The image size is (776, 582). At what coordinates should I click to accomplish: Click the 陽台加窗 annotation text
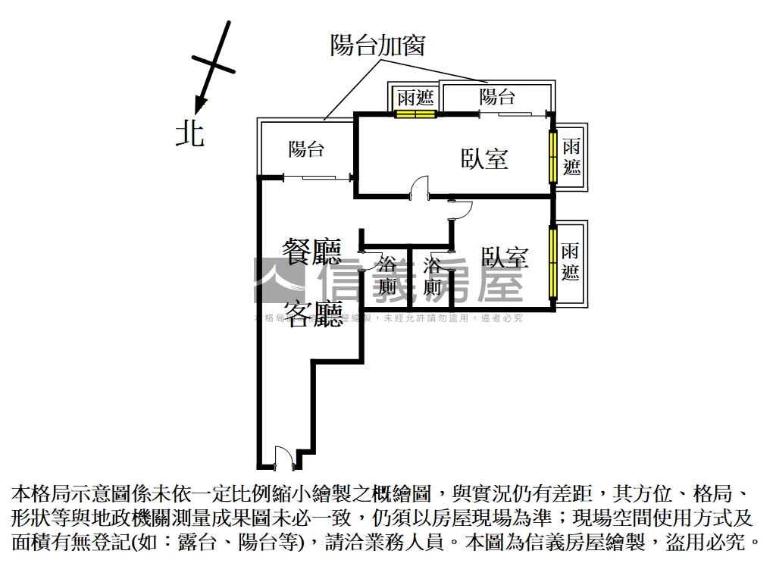(377, 45)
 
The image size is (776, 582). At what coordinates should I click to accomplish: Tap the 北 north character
(189, 134)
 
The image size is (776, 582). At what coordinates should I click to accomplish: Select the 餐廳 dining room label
(311, 251)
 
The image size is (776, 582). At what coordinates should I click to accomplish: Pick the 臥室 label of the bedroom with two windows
(484, 158)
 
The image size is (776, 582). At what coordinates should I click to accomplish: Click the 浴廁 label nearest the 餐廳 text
(387, 276)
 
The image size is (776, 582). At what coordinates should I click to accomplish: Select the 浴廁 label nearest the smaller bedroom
(433, 276)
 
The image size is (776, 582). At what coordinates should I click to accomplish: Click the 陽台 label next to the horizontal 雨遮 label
(497, 97)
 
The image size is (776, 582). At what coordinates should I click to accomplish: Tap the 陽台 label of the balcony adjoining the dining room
(306, 149)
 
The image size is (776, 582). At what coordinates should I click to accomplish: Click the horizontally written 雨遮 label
(415, 97)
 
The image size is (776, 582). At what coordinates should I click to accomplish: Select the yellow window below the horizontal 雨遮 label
(415, 114)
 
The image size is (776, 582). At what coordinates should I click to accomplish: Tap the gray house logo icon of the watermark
(278, 281)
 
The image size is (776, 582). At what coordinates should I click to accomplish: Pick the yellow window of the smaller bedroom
(552, 261)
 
